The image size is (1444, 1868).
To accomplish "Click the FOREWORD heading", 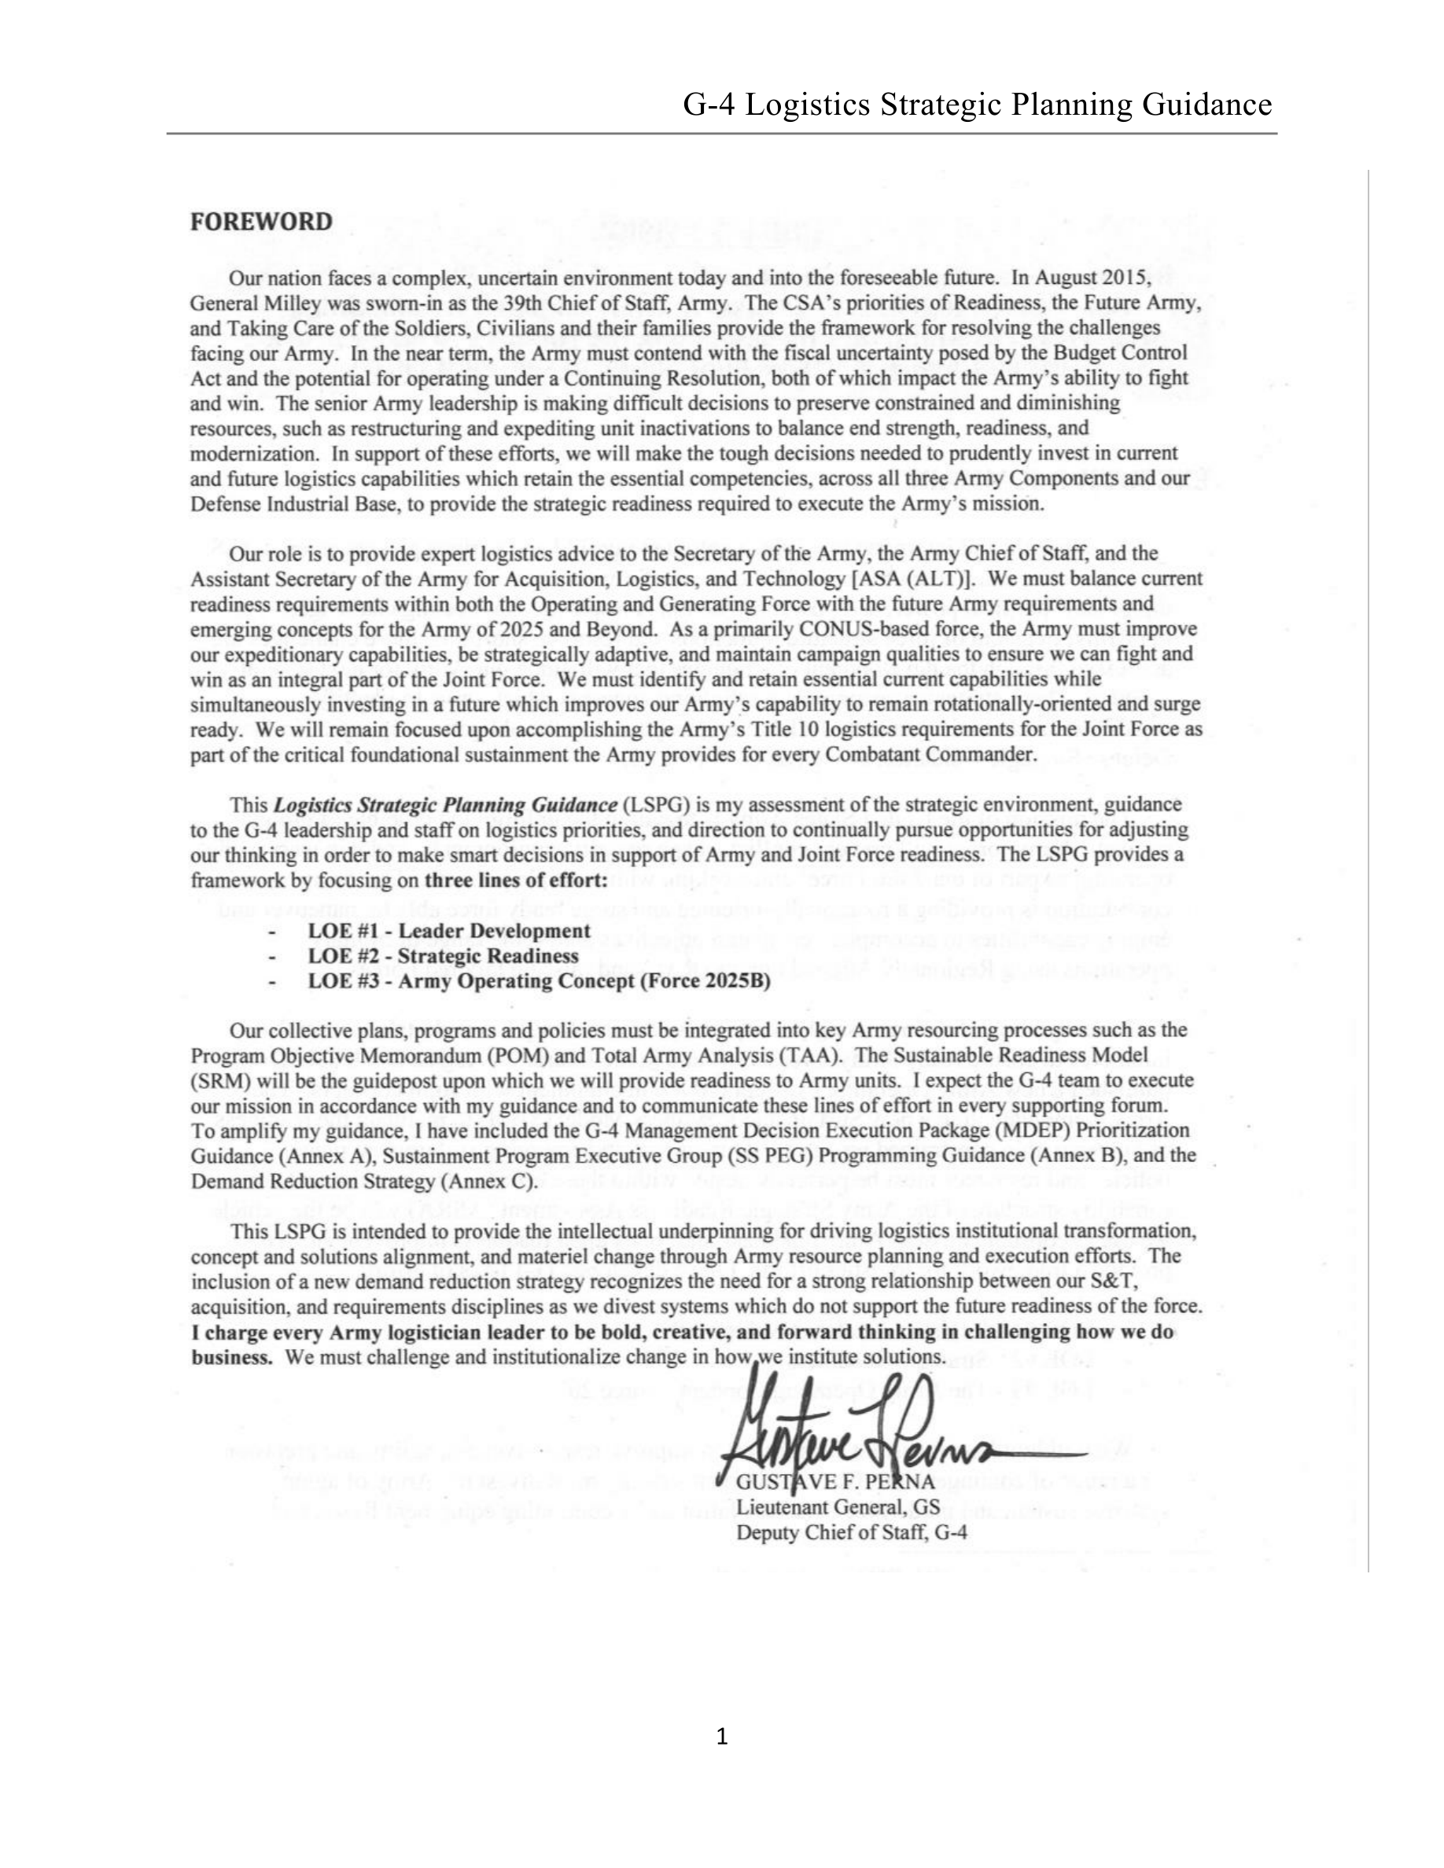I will point(261,222).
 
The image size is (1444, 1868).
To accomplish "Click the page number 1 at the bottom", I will point(721,1736).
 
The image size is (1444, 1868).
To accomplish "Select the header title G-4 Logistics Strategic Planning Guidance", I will point(977,105).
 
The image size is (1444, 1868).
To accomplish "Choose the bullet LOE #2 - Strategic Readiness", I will point(443,955).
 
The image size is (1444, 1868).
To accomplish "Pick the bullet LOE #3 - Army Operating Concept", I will point(539,980).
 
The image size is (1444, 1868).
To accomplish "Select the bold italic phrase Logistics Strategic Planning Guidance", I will point(445,805).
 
